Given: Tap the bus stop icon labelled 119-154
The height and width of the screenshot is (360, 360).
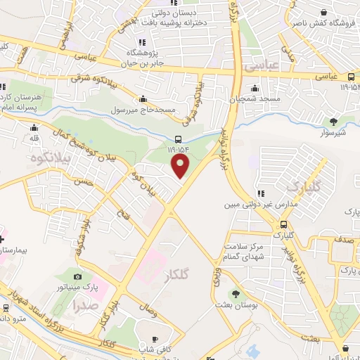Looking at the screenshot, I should point(179,139).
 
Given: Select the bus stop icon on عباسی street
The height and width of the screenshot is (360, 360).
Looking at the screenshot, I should point(351,76).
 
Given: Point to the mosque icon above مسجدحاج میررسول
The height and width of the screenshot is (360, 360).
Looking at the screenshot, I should point(143,99).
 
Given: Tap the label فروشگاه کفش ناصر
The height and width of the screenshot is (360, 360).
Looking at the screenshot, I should point(323,22).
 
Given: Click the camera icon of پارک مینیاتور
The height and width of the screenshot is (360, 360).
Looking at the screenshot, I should point(77,277).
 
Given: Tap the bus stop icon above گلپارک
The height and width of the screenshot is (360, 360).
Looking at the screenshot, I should point(283,224).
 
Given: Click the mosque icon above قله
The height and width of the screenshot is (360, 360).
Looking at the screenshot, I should point(34,128).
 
